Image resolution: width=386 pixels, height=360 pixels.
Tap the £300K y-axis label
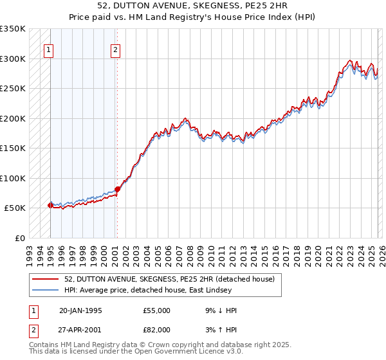pyautogui.click(x=13, y=59)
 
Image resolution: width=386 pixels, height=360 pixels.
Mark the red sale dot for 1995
pyautogui.click(x=51, y=205)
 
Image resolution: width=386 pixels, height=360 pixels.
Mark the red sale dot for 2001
pyautogui.click(x=117, y=189)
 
